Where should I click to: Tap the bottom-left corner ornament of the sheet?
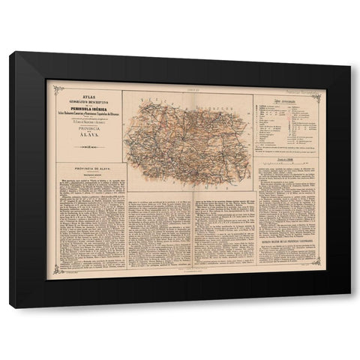click(49, 277)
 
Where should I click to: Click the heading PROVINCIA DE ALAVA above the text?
click(88, 170)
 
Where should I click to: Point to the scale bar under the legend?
click(288, 162)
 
